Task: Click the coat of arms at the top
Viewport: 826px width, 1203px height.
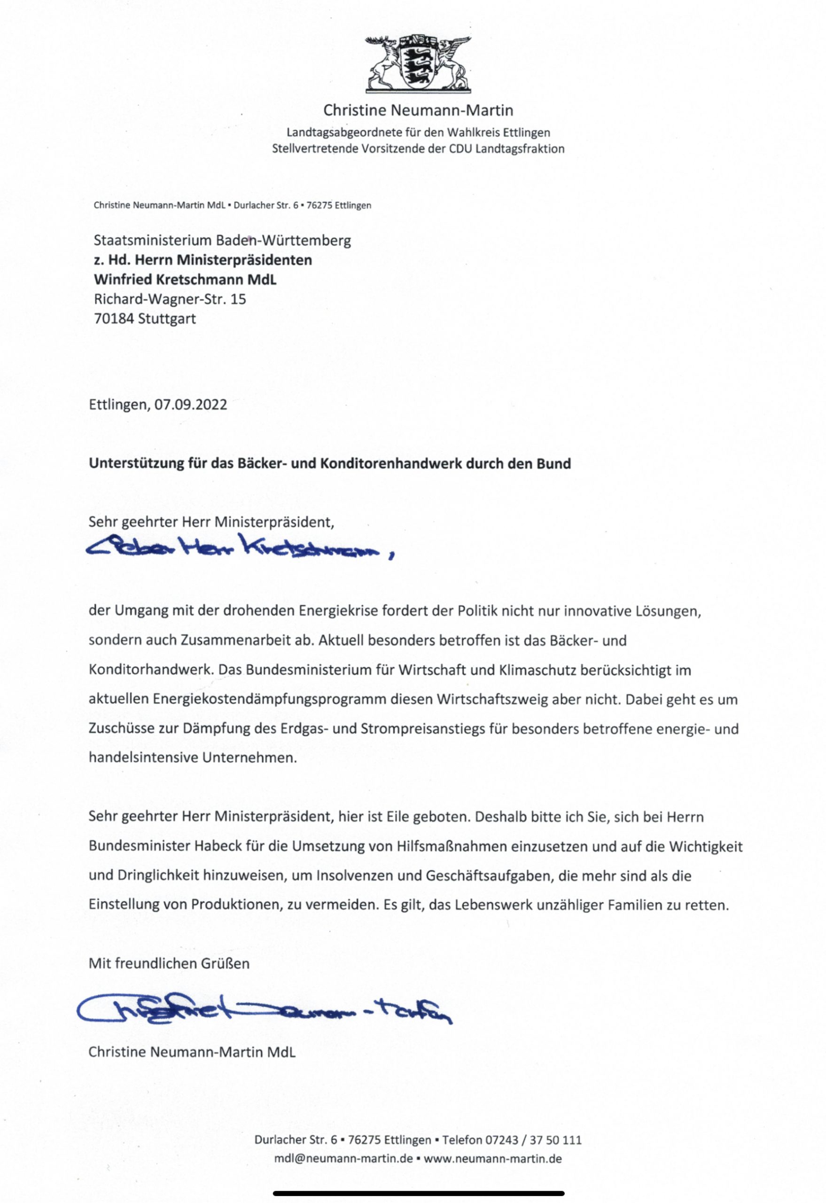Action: [418, 64]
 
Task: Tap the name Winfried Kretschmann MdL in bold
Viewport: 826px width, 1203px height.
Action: [185, 280]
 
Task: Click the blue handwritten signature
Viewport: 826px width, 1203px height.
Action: [264, 1009]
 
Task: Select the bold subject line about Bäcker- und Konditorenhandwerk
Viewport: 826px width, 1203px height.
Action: [330, 463]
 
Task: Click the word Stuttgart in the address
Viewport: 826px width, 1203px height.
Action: [167, 318]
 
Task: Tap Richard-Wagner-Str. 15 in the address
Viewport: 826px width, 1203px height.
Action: [170, 299]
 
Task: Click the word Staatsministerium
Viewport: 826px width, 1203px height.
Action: [153, 241]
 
